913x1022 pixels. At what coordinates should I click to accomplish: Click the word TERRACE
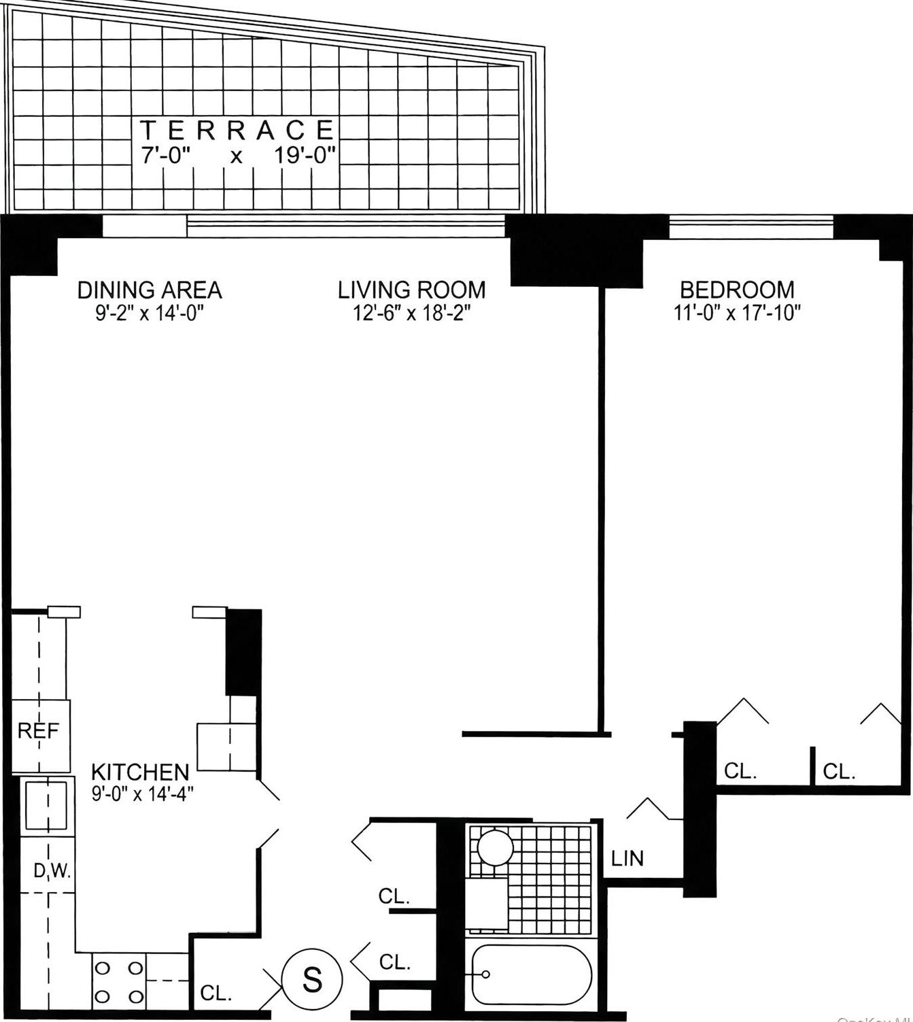pos(237,129)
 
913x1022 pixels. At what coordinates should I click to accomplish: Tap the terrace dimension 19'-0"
pos(305,156)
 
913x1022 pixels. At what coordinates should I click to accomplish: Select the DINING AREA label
pos(150,290)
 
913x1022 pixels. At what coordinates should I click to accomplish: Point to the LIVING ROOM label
pos(412,290)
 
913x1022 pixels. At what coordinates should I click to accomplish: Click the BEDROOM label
pos(737,290)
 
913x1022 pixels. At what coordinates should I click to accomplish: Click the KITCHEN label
pos(140,772)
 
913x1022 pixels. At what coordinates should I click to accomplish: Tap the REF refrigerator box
pos(39,732)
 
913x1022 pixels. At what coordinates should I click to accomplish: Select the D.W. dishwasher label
pos(52,871)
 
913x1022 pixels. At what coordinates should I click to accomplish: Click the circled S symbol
pos(312,980)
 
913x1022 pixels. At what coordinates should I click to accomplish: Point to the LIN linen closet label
pos(627,858)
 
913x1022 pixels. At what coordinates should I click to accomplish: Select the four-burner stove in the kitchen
pos(118,981)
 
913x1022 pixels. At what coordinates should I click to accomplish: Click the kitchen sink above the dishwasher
pos(46,805)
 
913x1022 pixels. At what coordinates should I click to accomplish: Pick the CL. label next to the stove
pos(216,993)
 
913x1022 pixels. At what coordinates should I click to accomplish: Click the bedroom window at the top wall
pos(751,226)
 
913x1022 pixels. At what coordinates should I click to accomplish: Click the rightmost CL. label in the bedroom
pos(839,772)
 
